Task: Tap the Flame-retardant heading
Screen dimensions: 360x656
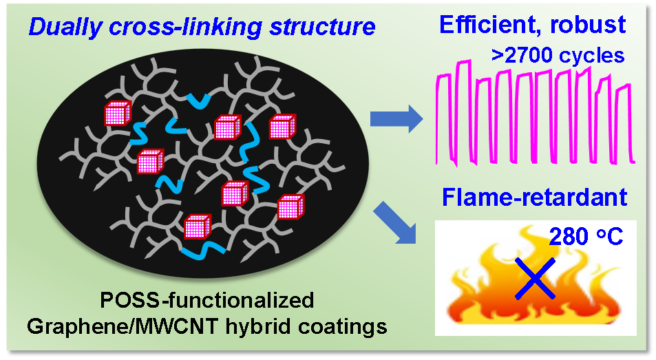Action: (x=535, y=199)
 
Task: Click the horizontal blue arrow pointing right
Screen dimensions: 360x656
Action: (x=395, y=118)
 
